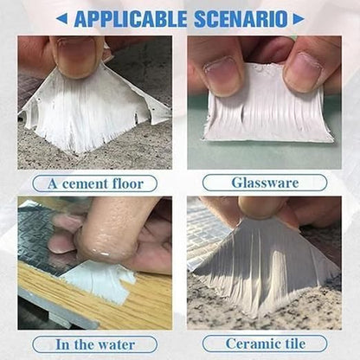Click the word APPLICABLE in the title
(x=131, y=19)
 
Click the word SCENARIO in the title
(x=241, y=19)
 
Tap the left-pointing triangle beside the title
(x=61, y=19)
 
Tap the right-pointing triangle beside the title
(x=299, y=19)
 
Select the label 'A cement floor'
(x=95, y=183)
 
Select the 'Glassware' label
(x=265, y=183)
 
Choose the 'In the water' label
(x=95, y=344)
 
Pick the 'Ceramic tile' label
(x=265, y=344)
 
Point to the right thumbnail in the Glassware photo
(x=302, y=69)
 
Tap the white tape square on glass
(x=267, y=106)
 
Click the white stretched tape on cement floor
(x=95, y=110)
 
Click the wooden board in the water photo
(x=95, y=300)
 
